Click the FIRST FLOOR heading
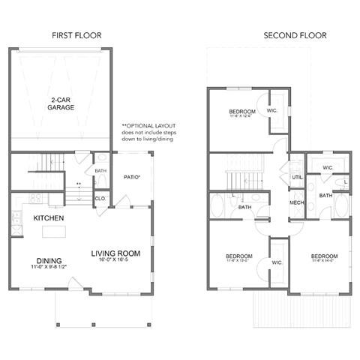(76, 34)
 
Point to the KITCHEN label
(47, 218)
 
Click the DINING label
(48, 260)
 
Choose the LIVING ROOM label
(115, 253)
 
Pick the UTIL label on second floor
(296, 177)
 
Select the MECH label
(296, 202)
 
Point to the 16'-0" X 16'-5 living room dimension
(115, 261)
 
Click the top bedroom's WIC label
(271, 111)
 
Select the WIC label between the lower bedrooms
(276, 262)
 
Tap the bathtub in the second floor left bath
(220, 206)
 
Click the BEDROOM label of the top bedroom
(242, 112)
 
